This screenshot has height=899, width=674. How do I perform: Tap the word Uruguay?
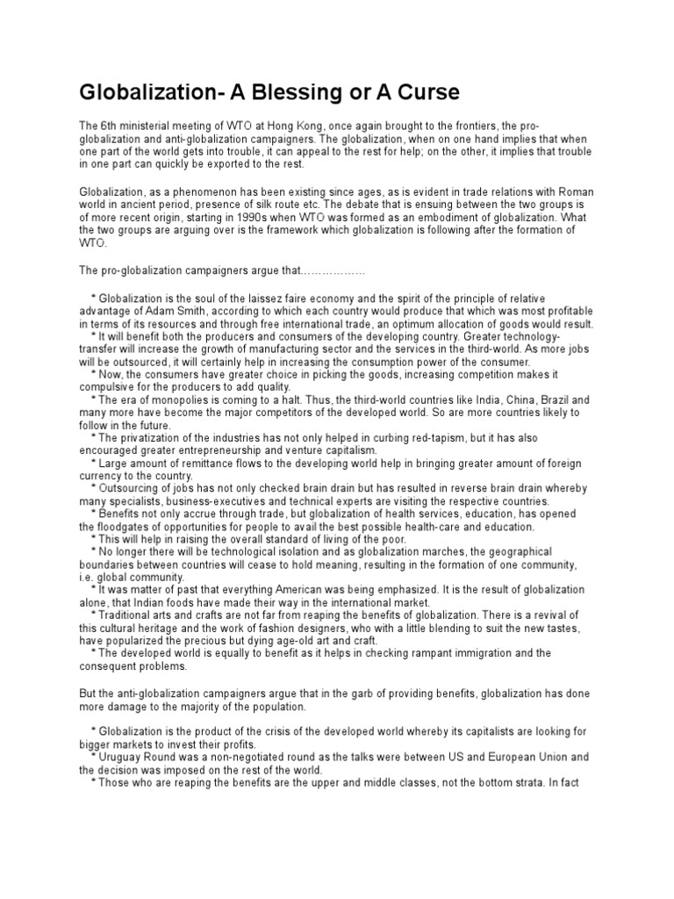(121, 756)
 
